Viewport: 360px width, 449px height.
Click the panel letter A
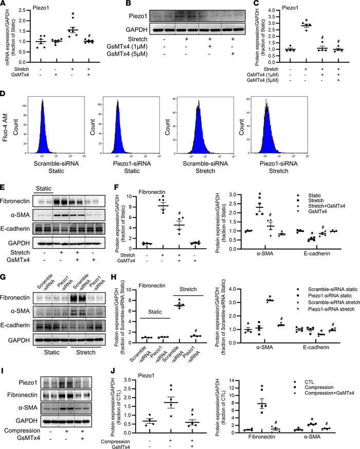click(4, 5)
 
